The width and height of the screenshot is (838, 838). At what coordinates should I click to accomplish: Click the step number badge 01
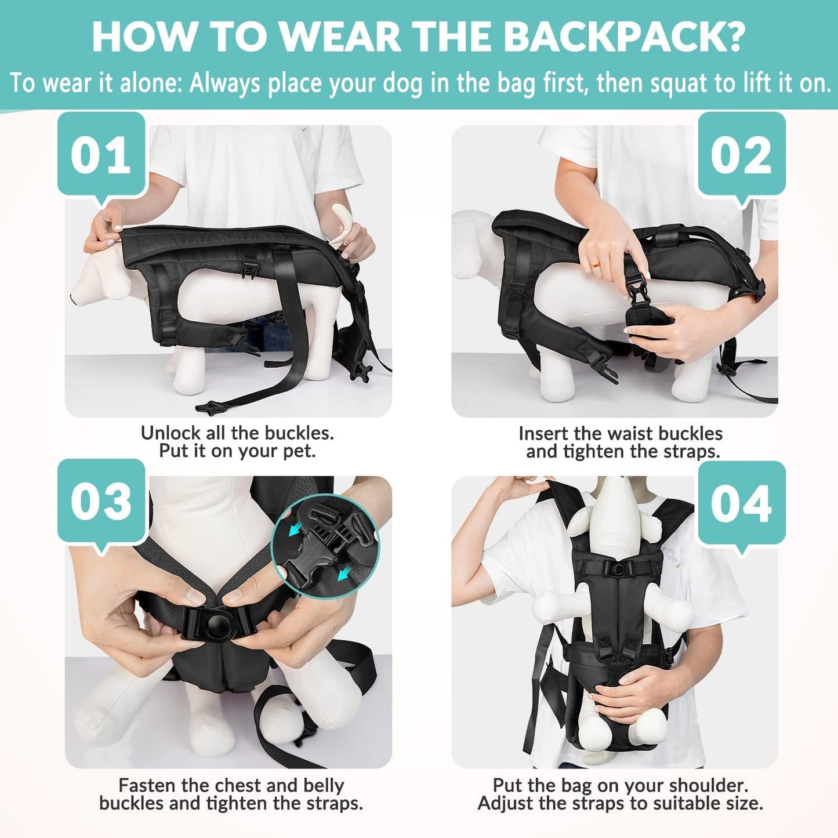(101, 155)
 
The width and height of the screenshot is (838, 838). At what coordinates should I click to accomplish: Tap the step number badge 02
(741, 155)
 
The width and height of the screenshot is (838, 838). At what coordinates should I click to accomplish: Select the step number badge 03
(101, 501)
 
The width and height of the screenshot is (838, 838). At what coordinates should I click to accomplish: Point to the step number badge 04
(741, 503)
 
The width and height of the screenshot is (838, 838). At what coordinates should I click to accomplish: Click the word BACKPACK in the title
(623, 38)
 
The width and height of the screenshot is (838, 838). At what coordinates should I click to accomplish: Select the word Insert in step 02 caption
(543, 433)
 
